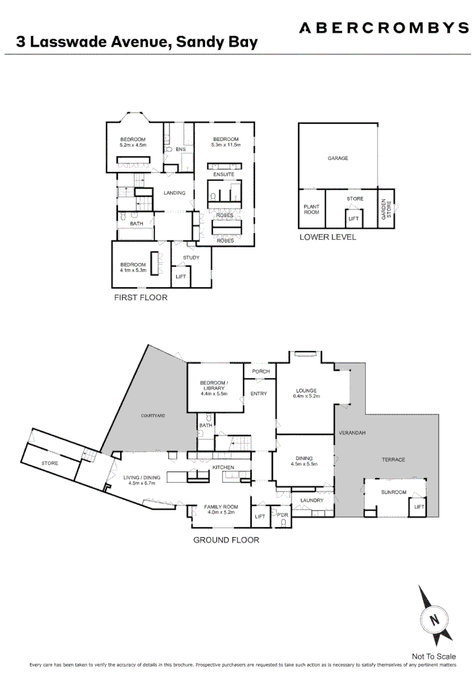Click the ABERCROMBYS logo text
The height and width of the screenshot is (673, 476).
point(384,27)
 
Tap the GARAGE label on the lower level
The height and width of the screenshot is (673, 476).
point(338,158)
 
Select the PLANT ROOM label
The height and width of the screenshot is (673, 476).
point(311,209)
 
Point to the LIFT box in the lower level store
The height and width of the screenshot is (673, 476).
point(354,219)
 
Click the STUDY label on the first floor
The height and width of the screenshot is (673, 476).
point(191,257)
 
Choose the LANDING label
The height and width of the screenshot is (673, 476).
point(174,193)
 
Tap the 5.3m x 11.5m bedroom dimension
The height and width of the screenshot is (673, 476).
point(226,145)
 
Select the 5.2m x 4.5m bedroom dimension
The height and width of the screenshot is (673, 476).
point(133,145)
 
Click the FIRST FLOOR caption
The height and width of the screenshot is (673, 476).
point(141,297)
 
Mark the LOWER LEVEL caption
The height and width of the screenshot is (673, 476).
point(328,237)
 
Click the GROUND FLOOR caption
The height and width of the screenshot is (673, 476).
point(226,540)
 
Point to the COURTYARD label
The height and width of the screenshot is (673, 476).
point(153,416)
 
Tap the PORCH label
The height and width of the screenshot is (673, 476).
point(261,372)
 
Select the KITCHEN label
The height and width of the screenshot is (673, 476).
point(223,467)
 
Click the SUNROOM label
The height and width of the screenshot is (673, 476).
point(394,492)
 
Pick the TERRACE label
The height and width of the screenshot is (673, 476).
point(393,460)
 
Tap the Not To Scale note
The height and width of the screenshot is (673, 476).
point(434,656)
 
